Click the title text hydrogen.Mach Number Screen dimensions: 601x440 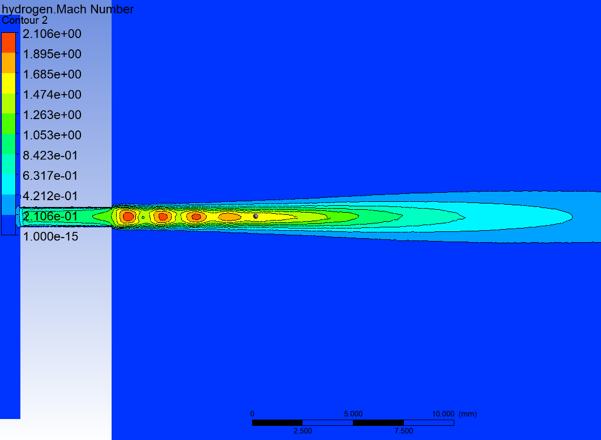68,9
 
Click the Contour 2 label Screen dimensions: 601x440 24,20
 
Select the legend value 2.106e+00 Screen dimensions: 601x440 52,34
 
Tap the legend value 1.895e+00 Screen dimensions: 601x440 52,54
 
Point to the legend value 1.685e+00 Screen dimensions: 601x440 52,74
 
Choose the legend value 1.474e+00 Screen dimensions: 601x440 52,95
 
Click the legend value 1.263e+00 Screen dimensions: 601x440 52,115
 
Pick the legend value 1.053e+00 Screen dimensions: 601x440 52,136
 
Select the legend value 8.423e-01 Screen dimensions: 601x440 50,155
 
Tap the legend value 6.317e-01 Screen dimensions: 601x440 50,176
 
